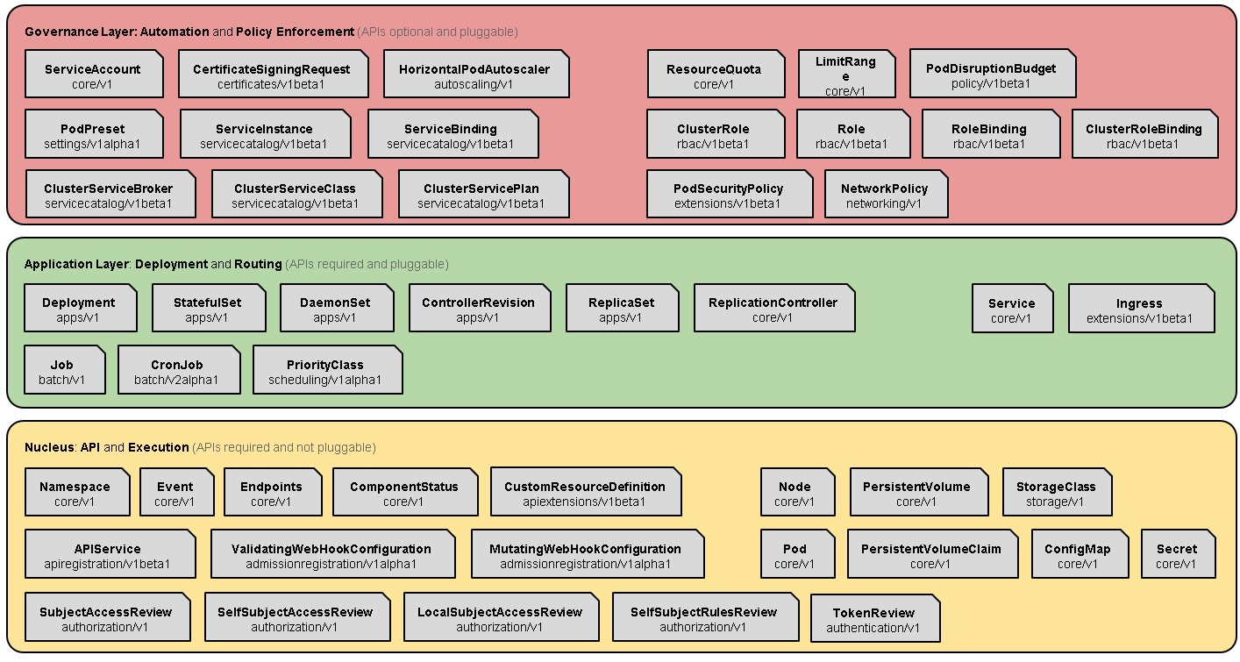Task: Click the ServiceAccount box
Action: tap(93, 76)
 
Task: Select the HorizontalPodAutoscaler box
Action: tap(475, 76)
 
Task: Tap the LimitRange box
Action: tap(845, 75)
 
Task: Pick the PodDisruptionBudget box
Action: tap(991, 75)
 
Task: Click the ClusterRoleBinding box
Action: tap(1144, 136)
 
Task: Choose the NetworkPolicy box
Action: tap(885, 196)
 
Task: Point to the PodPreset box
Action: tap(93, 136)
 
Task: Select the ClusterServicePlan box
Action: tap(481, 196)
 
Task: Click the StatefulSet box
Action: tap(208, 310)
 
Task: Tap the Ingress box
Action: tap(1140, 310)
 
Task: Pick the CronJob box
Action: tap(177, 372)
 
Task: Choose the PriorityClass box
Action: tap(325, 372)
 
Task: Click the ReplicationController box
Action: tap(773, 310)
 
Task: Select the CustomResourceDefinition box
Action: tap(585, 494)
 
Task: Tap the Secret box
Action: tap(1177, 556)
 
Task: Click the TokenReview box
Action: tap(873, 620)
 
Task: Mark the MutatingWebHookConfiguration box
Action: tap(586, 556)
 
